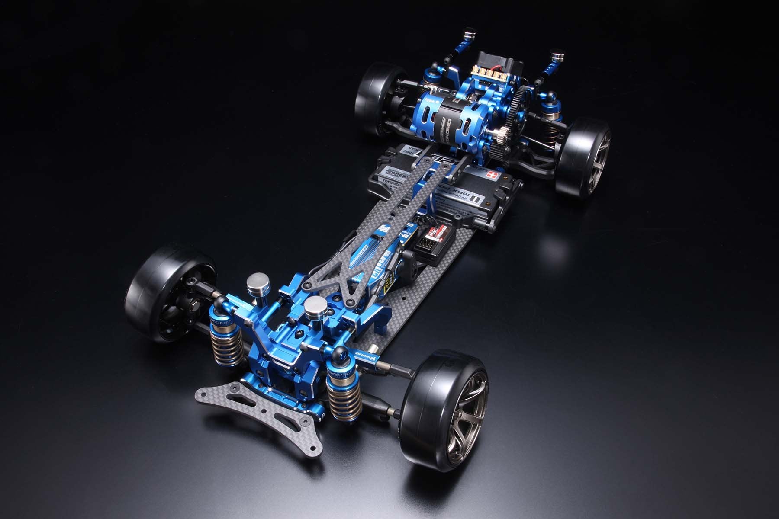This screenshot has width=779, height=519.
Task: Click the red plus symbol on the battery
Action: click(x=503, y=176)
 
